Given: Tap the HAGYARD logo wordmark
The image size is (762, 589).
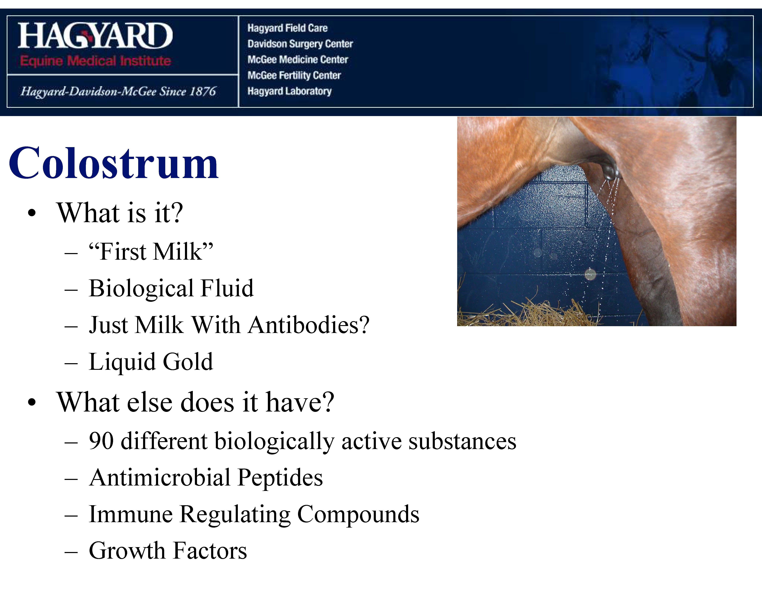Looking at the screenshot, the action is click(95, 36).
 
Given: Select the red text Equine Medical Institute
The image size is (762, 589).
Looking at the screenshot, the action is click(95, 61).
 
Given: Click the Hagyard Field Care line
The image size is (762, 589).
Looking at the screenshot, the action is click(288, 28).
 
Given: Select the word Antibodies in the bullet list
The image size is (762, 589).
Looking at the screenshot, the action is click(309, 325).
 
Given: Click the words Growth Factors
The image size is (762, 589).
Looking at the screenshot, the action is click(168, 551).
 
